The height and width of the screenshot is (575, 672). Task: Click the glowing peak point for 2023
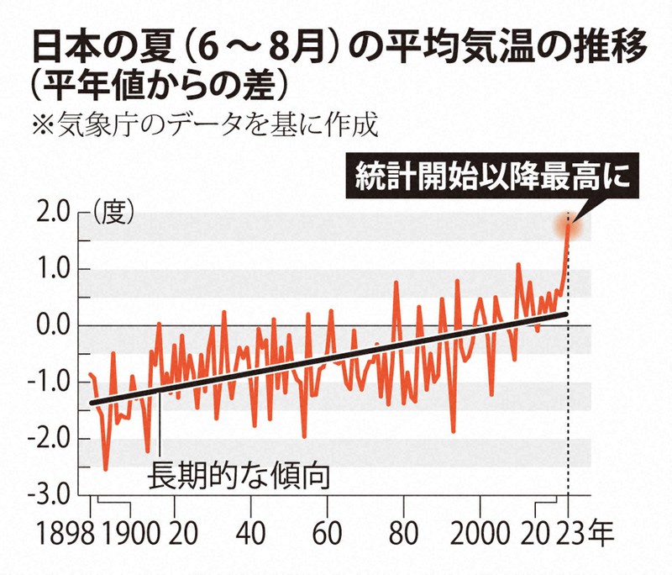click(569, 224)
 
